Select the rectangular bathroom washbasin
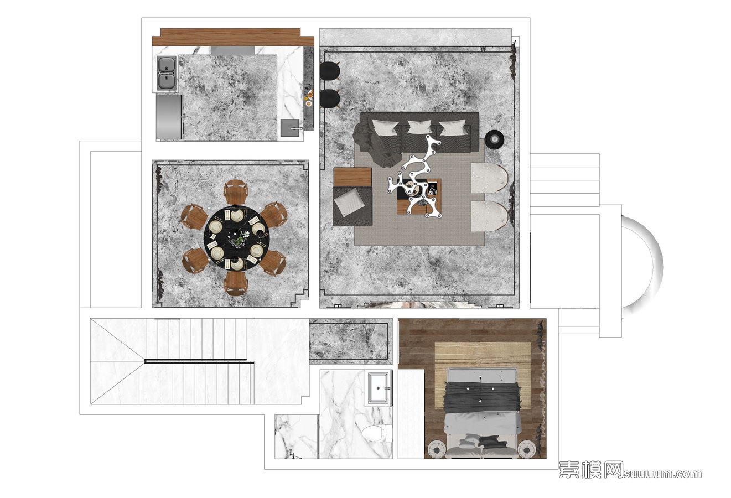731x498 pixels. tap(379, 388)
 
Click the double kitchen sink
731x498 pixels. tap(167, 74)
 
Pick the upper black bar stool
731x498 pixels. tap(330, 71)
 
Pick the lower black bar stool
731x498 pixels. tap(330, 98)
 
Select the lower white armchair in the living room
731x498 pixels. tap(490, 216)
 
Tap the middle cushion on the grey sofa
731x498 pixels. tap(419, 127)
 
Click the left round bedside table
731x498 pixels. tap(436, 450)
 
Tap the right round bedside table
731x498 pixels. tap(526, 450)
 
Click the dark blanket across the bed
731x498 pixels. tap(483, 397)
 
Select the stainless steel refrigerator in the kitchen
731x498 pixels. tap(169, 116)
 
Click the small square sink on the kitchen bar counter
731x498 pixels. tap(290, 128)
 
